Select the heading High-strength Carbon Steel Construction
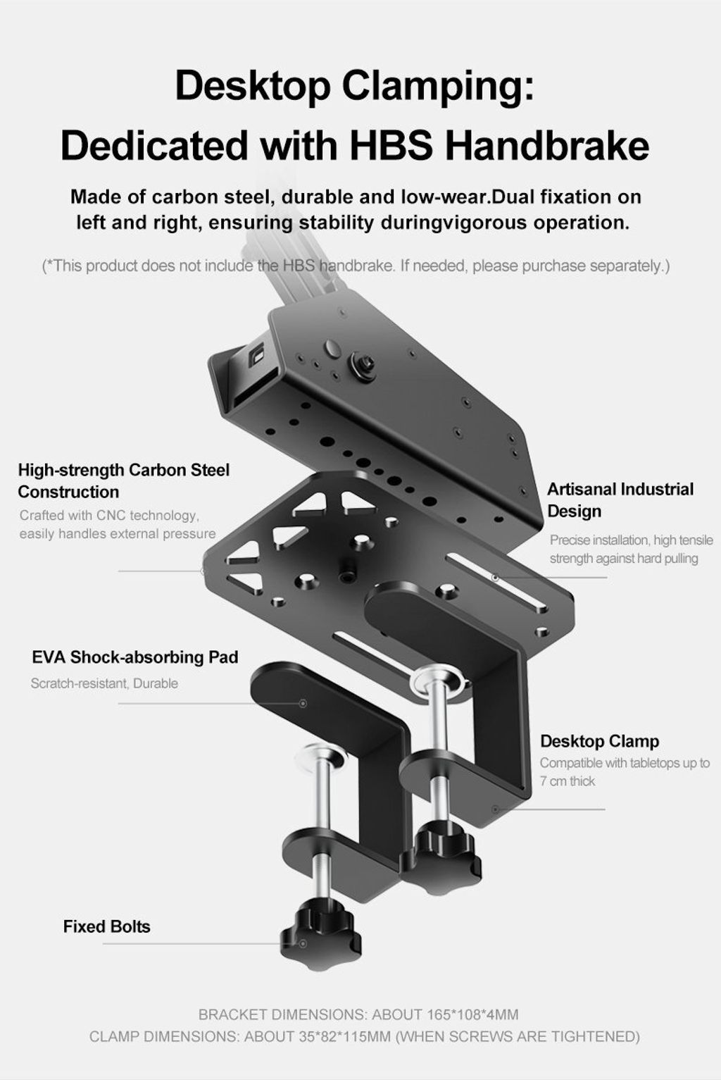click(124, 480)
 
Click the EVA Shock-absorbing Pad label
click(135, 657)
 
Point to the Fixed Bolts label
click(106, 926)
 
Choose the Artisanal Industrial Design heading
click(620, 500)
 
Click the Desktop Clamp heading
click(600, 741)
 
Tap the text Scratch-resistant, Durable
click(104, 683)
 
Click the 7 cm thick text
click(568, 781)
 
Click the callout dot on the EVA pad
click(303, 704)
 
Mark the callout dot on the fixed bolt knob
click(303, 943)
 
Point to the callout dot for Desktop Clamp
click(495, 809)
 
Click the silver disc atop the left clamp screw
click(320, 759)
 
